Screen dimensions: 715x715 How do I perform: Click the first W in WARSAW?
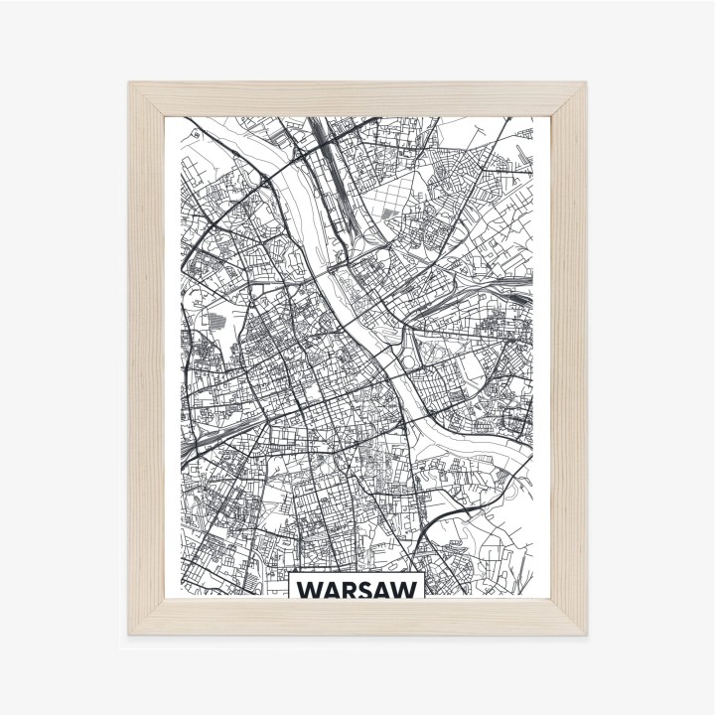(x=309, y=591)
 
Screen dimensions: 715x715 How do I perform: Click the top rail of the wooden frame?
(x=357, y=100)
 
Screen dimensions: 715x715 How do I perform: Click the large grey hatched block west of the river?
(x=215, y=321)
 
